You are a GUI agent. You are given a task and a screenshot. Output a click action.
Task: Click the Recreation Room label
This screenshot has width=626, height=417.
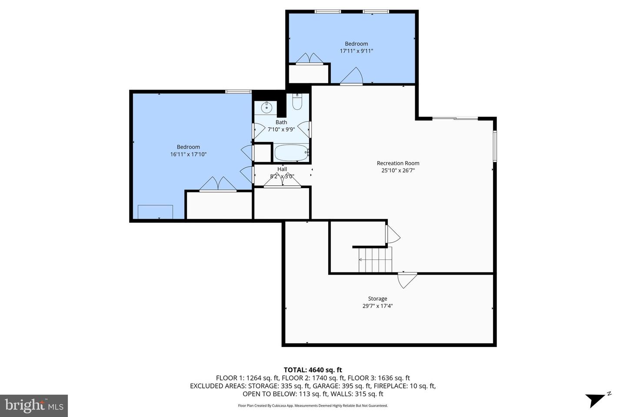click(x=398, y=163)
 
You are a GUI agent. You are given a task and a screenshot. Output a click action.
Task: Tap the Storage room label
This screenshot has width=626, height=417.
click(x=377, y=299)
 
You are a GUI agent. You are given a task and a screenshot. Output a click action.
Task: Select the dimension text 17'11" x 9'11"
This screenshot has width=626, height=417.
click(x=356, y=51)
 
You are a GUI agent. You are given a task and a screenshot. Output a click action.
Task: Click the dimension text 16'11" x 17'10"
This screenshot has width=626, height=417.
click(x=188, y=154)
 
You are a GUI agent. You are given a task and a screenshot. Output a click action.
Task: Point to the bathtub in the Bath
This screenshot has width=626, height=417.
click(x=291, y=153)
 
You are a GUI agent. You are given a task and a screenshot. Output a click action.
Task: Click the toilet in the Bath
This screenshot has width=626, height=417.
click(x=297, y=102)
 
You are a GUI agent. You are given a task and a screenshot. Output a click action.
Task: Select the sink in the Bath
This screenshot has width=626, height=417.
click(x=266, y=107)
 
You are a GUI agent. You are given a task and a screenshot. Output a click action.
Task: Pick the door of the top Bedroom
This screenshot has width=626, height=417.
click(x=352, y=76)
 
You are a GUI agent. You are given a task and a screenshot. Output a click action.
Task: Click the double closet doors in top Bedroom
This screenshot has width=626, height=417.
click(x=309, y=59)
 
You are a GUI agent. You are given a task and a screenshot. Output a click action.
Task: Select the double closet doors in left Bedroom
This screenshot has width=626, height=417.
click(x=218, y=184)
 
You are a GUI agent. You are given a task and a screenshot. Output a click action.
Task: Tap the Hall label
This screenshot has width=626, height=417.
click(x=282, y=169)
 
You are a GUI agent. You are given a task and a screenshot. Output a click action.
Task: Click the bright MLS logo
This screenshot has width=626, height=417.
click(x=33, y=406)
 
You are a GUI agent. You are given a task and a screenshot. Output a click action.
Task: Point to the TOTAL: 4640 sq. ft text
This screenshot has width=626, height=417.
click(x=313, y=370)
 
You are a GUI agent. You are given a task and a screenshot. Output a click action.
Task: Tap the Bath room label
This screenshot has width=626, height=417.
click(x=281, y=122)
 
